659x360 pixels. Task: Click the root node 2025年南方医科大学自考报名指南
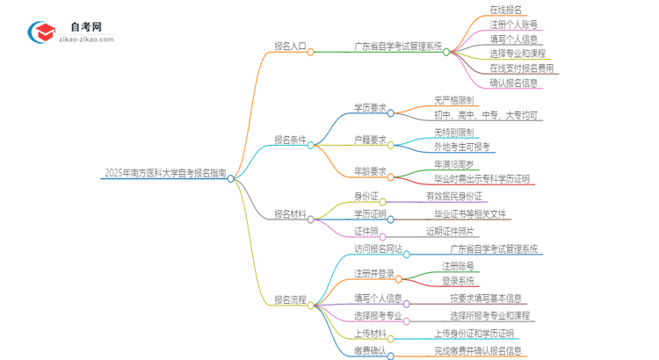(x=164, y=173)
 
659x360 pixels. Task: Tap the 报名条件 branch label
(x=289, y=139)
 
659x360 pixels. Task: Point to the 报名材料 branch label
(x=289, y=213)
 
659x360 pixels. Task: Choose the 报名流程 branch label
(x=289, y=299)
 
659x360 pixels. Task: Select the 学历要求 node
(x=370, y=108)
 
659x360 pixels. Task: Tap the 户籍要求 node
(x=370, y=139)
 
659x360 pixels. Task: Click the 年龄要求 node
(x=370, y=171)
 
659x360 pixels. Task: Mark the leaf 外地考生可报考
(x=462, y=147)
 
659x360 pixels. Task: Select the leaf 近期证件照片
(x=453, y=231)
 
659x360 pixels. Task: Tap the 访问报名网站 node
(x=378, y=249)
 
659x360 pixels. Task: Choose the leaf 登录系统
(x=458, y=280)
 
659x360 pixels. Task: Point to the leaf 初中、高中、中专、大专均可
(x=488, y=115)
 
